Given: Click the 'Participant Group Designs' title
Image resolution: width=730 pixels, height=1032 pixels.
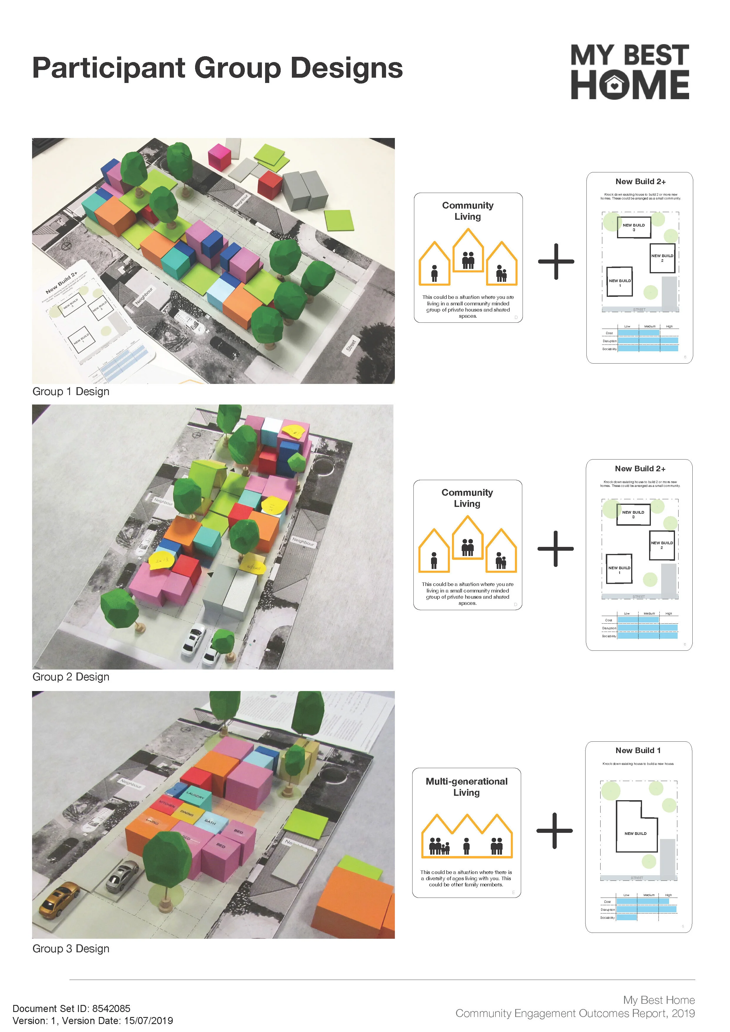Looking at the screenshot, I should pyautogui.click(x=217, y=68).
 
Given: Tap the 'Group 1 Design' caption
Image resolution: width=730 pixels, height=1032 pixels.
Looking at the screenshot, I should pyautogui.click(x=71, y=392).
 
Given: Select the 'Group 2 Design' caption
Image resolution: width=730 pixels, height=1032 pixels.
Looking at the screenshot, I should pyautogui.click(x=71, y=677).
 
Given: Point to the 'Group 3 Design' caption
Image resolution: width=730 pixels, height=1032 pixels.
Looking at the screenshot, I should pyautogui.click(x=71, y=949).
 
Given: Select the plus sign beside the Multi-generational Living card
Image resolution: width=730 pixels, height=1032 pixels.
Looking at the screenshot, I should pyautogui.click(x=555, y=831).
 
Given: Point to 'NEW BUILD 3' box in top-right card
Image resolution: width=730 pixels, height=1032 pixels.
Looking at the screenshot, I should pyautogui.click(x=633, y=227).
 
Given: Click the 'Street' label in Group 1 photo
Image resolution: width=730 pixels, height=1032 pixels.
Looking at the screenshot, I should pyautogui.click(x=351, y=345).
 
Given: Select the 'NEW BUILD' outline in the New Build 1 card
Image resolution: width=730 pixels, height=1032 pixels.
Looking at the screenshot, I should pyautogui.click(x=635, y=833).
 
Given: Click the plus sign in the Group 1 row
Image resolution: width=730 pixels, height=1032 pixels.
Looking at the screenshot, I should pyautogui.click(x=556, y=262).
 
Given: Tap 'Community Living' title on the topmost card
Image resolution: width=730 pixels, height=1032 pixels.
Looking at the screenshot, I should pyautogui.click(x=468, y=211).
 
